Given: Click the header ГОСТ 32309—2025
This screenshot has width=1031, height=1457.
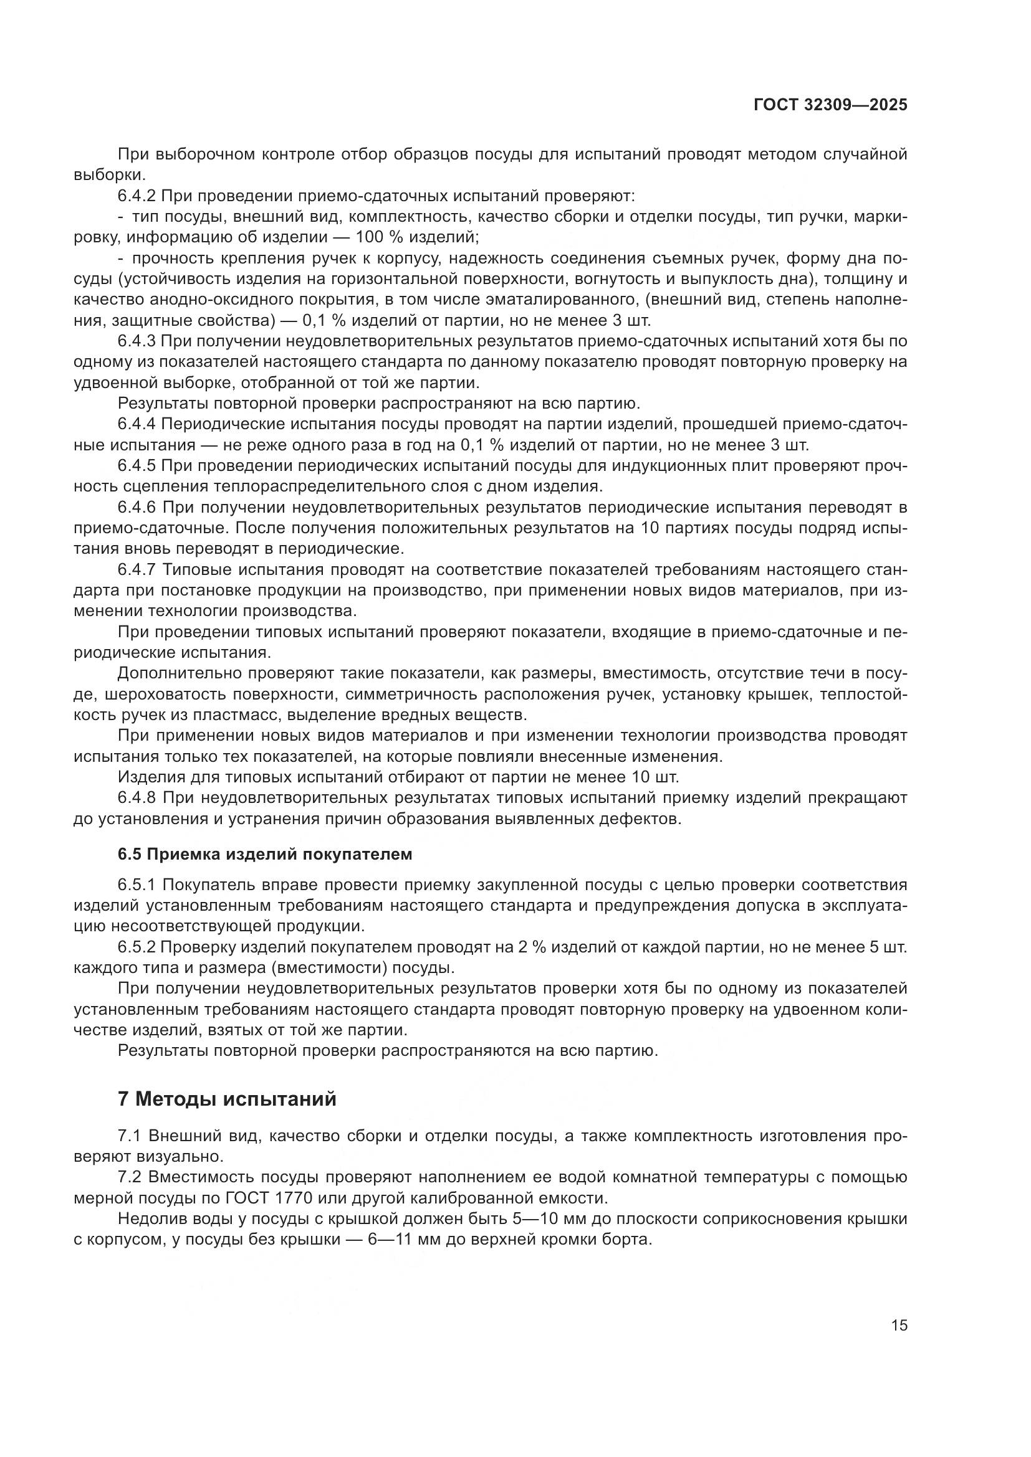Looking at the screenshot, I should pyautogui.click(x=830, y=105).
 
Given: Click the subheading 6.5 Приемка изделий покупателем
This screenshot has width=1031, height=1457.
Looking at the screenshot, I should pyautogui.click(x=265, y=854).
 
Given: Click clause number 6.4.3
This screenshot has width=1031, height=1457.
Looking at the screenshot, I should pyautogui.click(x=137, y=341).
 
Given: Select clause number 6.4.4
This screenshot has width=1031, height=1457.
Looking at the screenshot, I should pyautogui.click(x=137, y=424).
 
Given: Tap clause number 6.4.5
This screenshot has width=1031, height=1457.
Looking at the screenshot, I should pyautogui.click(x=137, y=466).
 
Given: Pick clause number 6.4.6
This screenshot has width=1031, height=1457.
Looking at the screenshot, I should pyautogui.click(x=137, y=507).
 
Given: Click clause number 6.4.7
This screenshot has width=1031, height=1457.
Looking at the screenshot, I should pyautogui.click(x=137, y=569).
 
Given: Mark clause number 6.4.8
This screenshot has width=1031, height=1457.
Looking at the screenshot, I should pyautogui.click(x=137, y=797).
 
